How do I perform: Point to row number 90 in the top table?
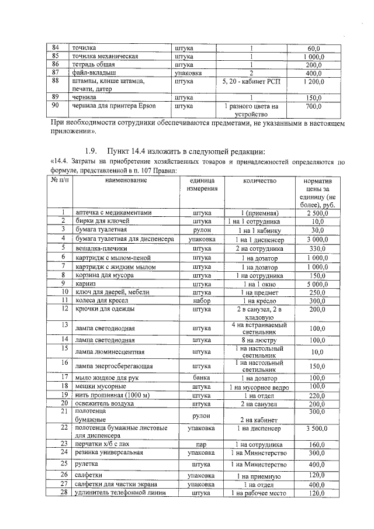pyautogui.click(x=57, y=106)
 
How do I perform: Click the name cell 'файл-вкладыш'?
pyautogui.click(x=93, y=73)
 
